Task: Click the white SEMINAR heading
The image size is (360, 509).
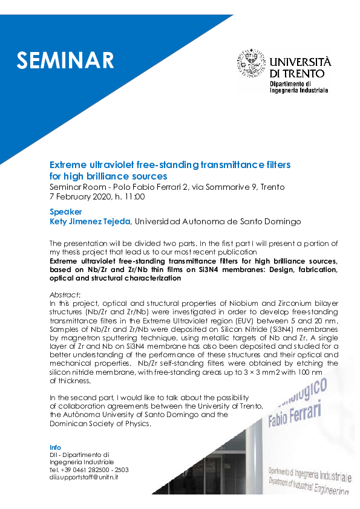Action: [x=65, y=60]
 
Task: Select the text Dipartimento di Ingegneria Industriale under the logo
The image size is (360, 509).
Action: [x=299, y=86]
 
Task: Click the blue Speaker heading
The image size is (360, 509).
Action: [x=65, y=212]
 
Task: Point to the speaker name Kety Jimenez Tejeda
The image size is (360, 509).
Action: [x=90, y=222]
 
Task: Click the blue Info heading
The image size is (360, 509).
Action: [x=55, y=447]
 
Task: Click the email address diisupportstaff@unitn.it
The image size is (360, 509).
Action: [x=83, y=477]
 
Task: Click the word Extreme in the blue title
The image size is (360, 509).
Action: [x=68, y=164]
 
